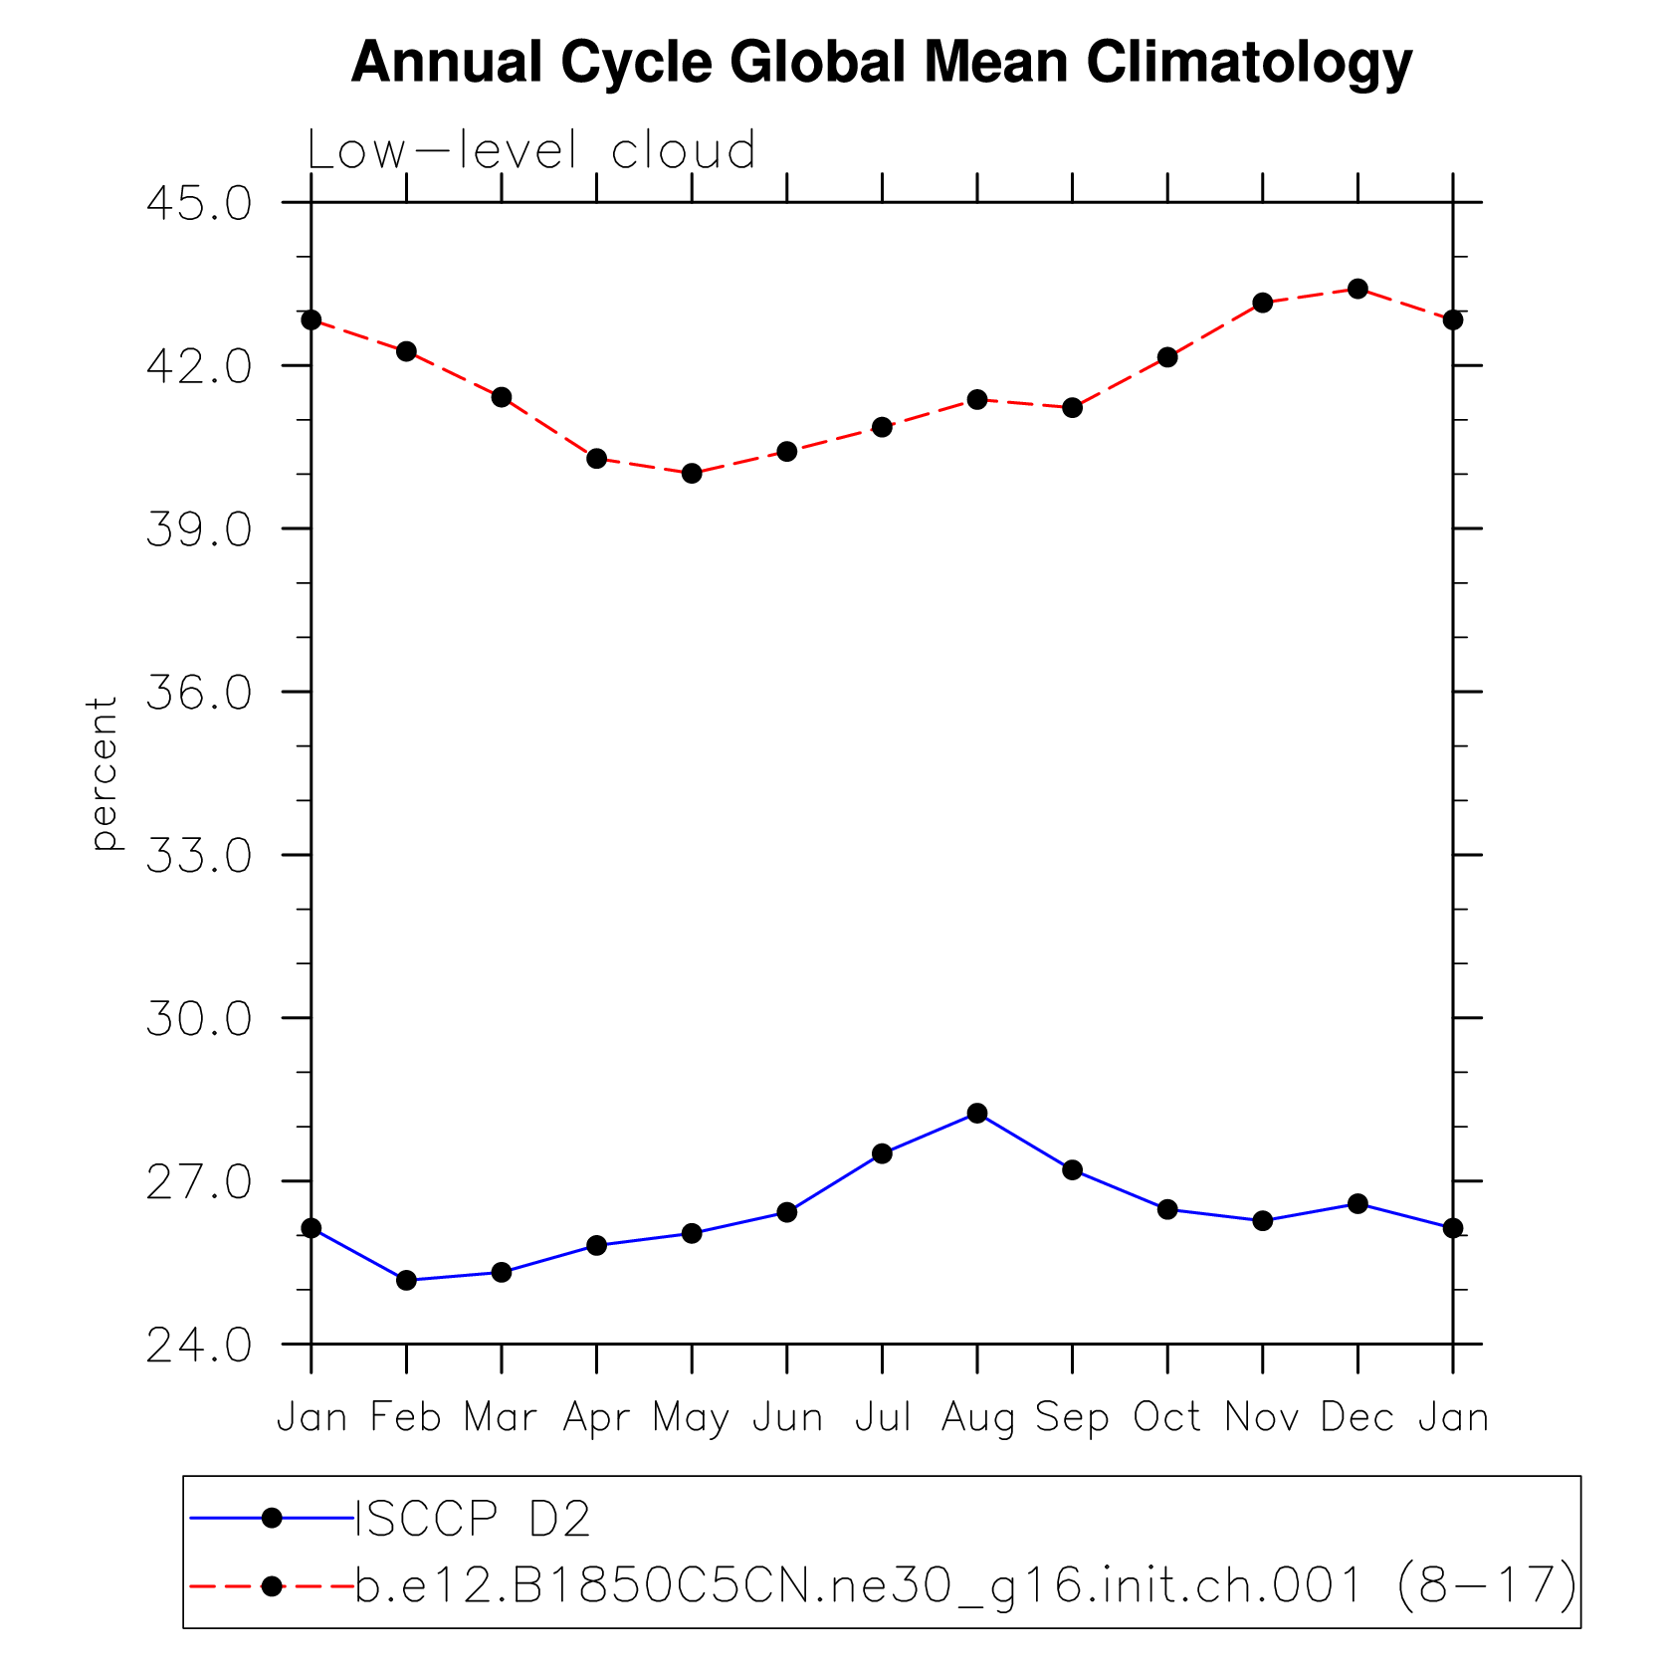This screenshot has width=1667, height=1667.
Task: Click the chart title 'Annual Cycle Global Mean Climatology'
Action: point(882,63)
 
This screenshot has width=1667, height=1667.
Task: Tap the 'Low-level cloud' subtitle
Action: point(531,151)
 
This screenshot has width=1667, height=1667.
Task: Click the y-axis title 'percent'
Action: point(104,773)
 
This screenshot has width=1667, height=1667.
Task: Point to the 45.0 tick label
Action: point(199,204)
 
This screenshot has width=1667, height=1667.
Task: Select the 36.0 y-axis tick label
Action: point(199,693)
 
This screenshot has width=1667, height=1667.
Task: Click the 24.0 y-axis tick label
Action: point(199,1346)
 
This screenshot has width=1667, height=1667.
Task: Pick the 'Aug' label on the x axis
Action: point(977,1417)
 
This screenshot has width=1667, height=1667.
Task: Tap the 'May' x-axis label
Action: point(692,1417)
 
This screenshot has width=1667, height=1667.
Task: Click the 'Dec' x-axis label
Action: point(1357,1417)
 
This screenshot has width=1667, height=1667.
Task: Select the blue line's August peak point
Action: point(977,1113)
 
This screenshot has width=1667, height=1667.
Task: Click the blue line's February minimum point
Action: point(406,1280)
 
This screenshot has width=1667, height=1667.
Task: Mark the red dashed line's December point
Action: point(1357,289)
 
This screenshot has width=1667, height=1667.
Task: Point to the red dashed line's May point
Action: point(692,473)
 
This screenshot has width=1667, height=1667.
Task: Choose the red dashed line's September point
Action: point(1072,407)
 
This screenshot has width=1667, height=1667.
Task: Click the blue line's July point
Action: point(882,1153)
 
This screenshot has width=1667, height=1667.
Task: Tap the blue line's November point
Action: point(1263,1220)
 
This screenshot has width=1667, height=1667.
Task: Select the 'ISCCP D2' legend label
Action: point(474,1519)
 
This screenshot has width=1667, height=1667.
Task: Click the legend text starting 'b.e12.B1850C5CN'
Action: point(965,1584)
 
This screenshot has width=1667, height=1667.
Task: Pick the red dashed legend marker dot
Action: point(272,1584)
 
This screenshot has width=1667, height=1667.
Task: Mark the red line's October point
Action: point(1167,356)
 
